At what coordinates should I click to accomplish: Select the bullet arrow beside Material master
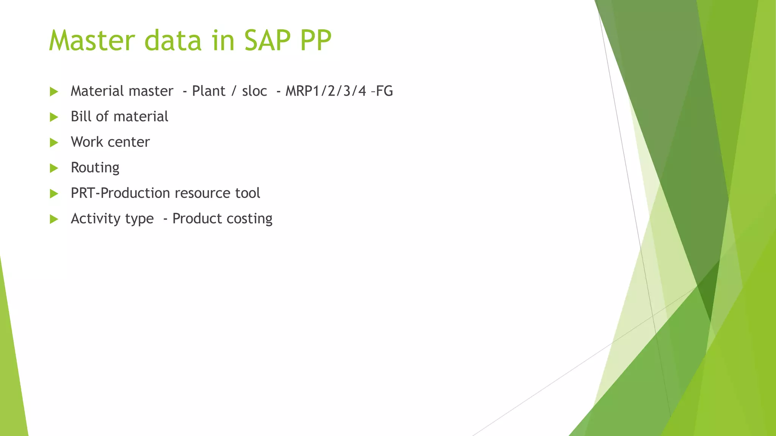tap(54, 92)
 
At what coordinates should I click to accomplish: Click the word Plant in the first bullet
tap(208, 91)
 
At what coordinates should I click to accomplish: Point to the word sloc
tap(254, 91)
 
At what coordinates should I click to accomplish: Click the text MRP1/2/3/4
tap(325, 91)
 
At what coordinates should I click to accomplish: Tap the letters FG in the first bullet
tap(384, 91)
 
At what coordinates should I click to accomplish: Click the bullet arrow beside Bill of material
tap(54, 117)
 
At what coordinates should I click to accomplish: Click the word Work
tap(87, 142)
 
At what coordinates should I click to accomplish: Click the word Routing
tap(95, 168)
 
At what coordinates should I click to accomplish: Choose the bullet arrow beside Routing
tap(54, 168)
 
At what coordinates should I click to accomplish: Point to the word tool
tap(247, 193)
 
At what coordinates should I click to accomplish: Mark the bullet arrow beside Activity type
tap(54, 219)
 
